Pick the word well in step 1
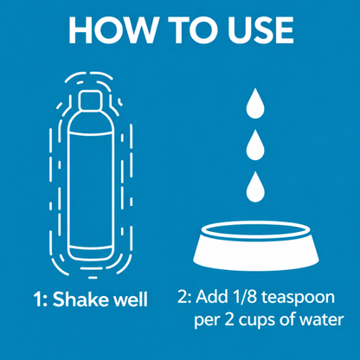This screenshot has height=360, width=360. tap(130, 300)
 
